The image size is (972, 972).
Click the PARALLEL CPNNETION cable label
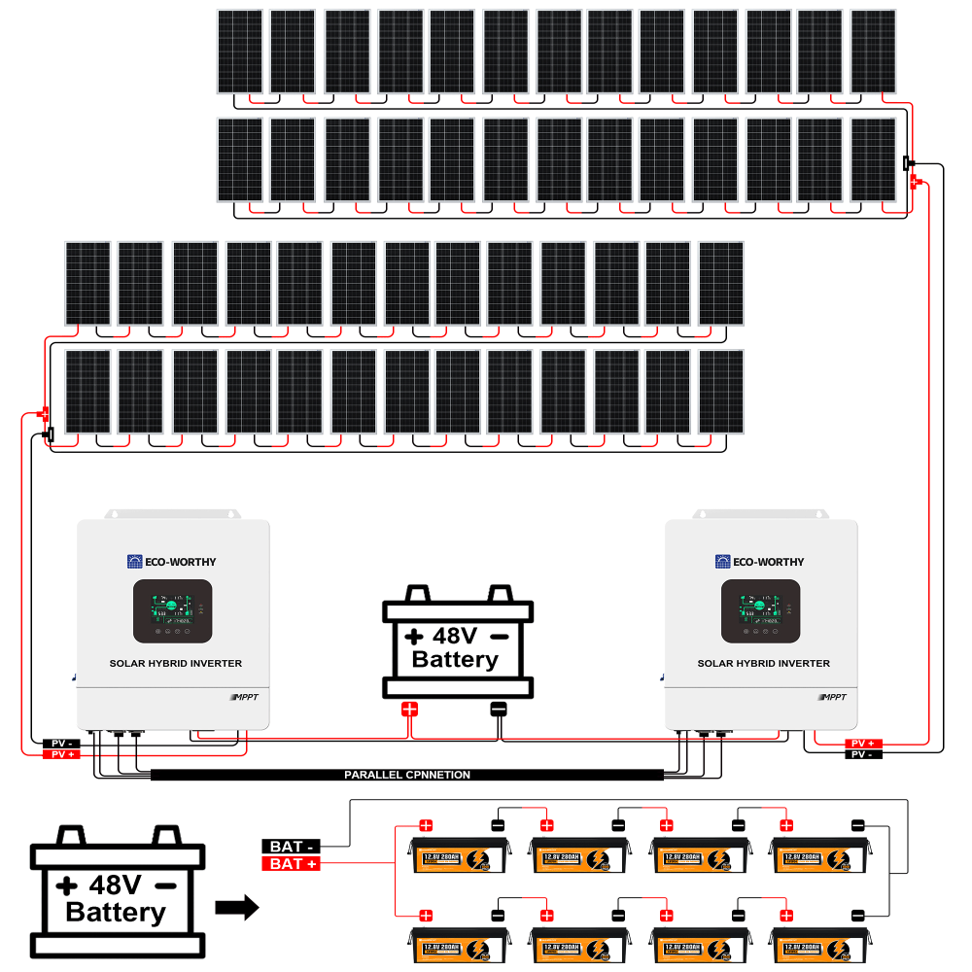[407, 775]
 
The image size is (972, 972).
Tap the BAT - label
[291, 846]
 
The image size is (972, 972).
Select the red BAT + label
[291, 863]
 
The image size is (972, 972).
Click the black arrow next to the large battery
[236, 909]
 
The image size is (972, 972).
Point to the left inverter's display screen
[172, 610]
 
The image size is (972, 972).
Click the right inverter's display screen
[760, 610]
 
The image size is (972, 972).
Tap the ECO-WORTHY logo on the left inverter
[172, 562]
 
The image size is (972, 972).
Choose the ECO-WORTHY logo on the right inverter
[760, 562]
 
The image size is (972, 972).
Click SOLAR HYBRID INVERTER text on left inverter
[176, 663]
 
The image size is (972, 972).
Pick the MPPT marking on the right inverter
[834, 697]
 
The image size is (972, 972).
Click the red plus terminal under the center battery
[409, 709]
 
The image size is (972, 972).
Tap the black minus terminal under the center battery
[499, 709]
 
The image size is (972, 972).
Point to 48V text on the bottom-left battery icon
[116, 885]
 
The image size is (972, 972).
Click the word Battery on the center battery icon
[455, 659]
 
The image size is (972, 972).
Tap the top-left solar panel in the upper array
[239, 52]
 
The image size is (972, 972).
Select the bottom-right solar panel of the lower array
[721, 392]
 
